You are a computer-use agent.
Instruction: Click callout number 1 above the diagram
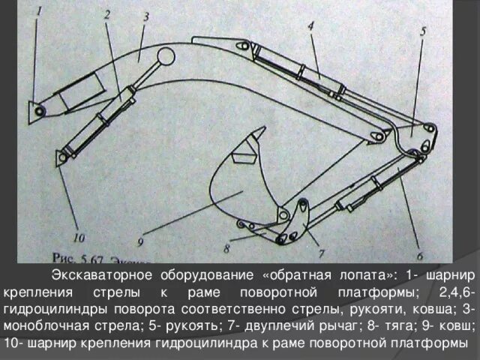pos(40,11)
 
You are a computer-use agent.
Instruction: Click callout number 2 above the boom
pos(107,15)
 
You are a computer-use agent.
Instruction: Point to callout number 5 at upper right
pos(423,32)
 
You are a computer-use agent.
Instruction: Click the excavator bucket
pos(240,187)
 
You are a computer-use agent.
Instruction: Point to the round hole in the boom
pos(166,56)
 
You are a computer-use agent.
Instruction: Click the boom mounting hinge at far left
pos(37,110)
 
